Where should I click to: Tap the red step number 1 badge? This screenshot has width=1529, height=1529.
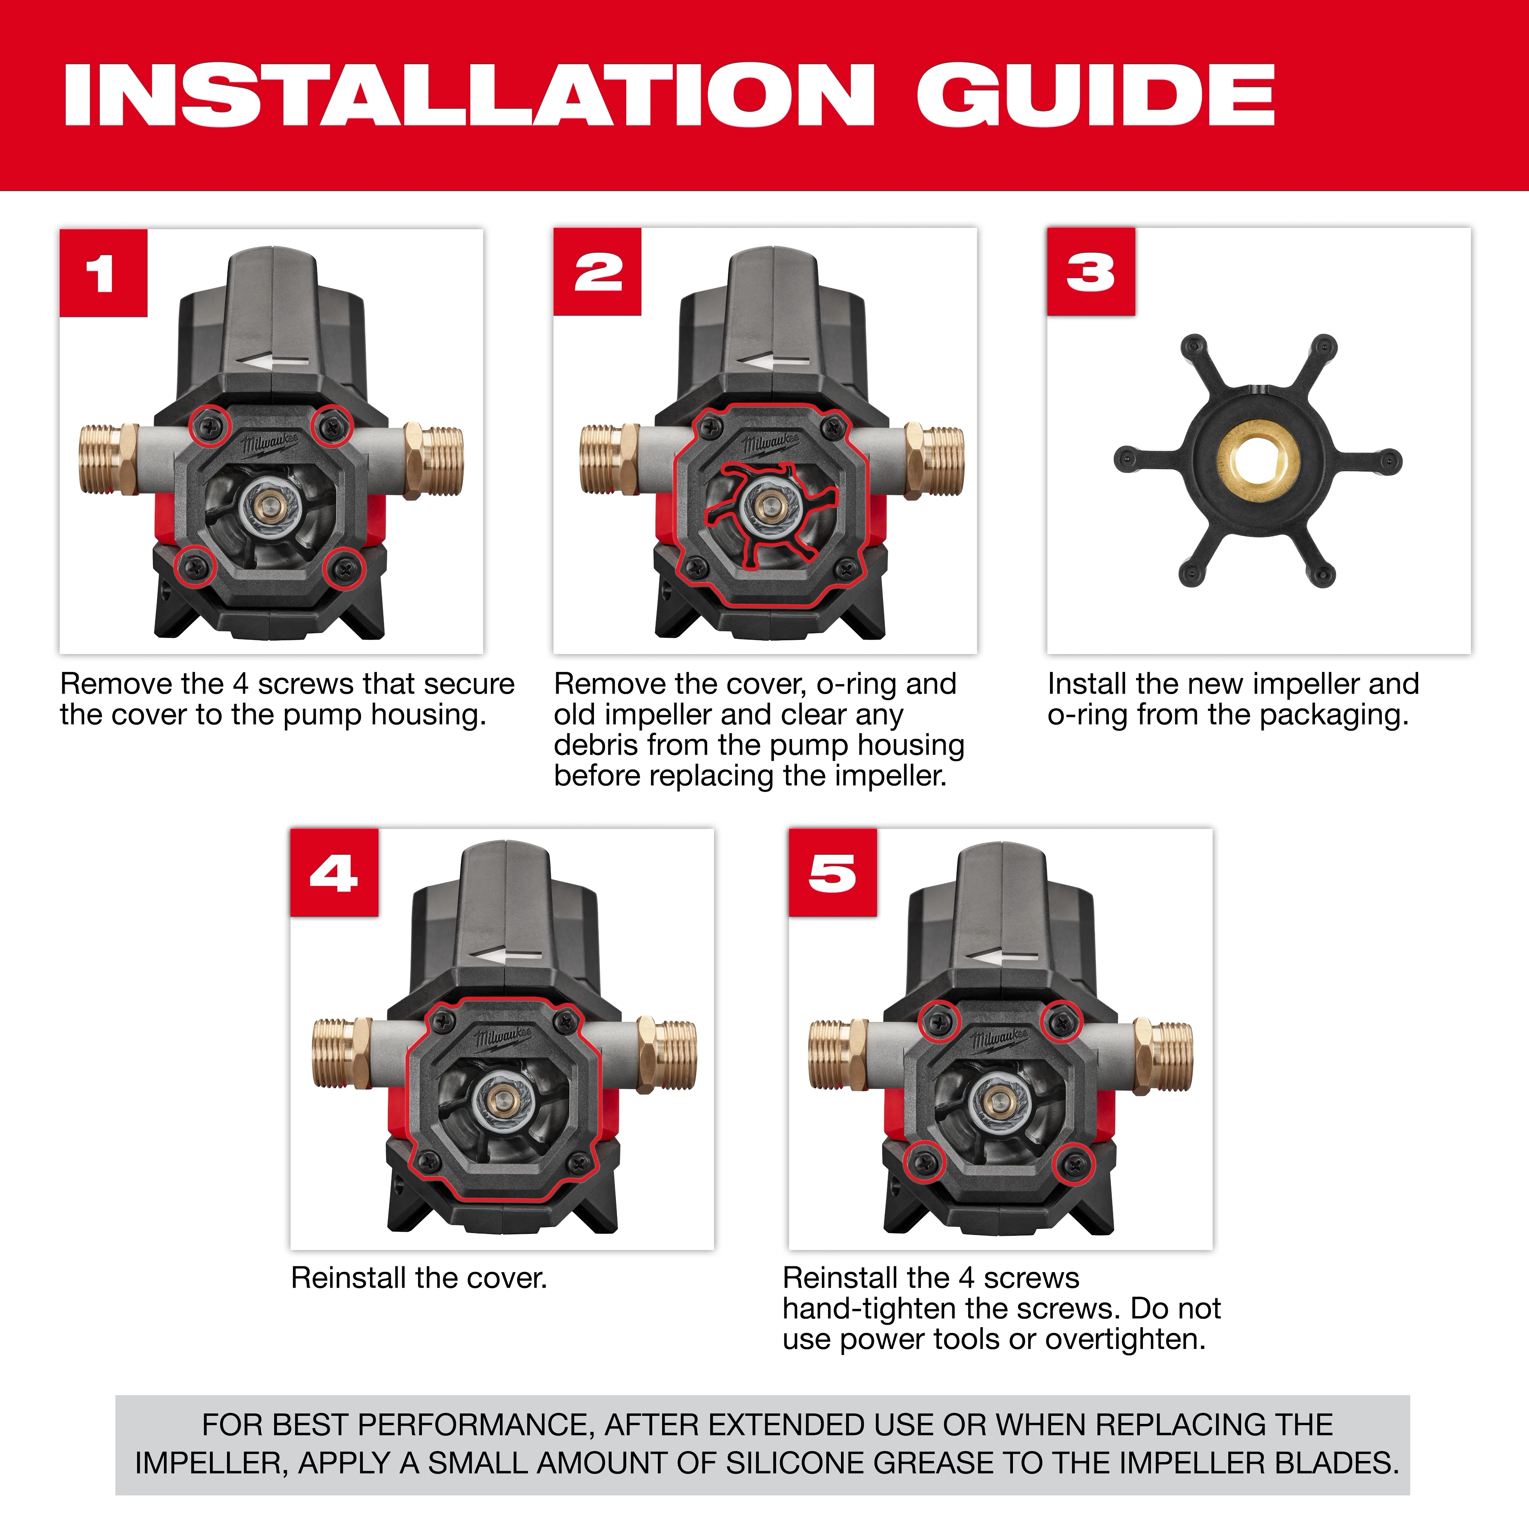click(x=103, y=273)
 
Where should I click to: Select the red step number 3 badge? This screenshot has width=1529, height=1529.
click(x=1091, y=272)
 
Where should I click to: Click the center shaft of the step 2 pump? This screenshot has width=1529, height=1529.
click(x=764, y=506)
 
